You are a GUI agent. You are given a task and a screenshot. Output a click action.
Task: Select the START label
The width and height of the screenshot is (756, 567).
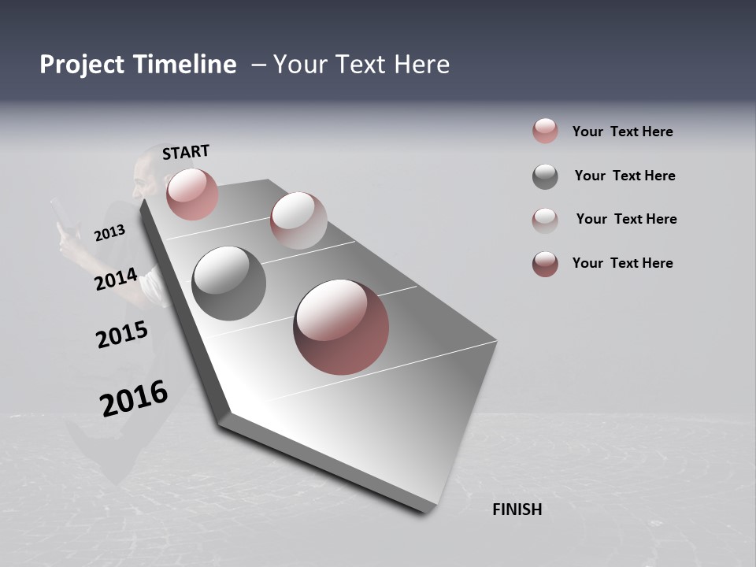(187, 152)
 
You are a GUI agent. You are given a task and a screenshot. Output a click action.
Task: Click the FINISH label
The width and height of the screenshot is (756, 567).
(517, 510)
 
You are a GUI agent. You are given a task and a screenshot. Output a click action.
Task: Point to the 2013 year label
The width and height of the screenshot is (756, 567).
(110, 233)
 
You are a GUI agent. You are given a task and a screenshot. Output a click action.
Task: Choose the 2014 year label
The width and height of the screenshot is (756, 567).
(117, 280)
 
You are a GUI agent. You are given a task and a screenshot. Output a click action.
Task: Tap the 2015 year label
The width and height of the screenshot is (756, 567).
(122, 335)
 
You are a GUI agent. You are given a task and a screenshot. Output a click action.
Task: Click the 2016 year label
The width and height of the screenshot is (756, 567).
(134, 398)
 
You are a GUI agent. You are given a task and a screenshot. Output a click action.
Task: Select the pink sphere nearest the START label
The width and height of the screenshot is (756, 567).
(192, 194)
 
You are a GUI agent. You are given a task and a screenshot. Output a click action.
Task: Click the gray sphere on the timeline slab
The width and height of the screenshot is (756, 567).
(228, 283)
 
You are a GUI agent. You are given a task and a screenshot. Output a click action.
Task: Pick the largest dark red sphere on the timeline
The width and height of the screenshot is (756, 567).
(341, 327)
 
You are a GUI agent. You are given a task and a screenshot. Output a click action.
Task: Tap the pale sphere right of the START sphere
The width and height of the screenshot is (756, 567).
(298, 220)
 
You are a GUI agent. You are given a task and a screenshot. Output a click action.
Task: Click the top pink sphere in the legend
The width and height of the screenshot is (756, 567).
(545, 131)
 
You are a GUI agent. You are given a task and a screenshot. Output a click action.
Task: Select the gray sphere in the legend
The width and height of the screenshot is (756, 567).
(545, 176)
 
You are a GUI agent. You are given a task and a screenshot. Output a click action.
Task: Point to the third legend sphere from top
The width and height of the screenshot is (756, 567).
(545, 220)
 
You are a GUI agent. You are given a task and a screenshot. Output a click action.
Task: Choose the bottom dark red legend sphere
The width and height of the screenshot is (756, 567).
(545, 264)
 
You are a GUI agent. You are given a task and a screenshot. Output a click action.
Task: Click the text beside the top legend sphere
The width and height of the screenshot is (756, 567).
(622, 132)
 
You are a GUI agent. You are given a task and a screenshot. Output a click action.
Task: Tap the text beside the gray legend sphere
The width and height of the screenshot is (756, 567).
(624, 176)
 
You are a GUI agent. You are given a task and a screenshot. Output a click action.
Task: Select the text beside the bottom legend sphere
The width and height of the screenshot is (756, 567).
(622, 263)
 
